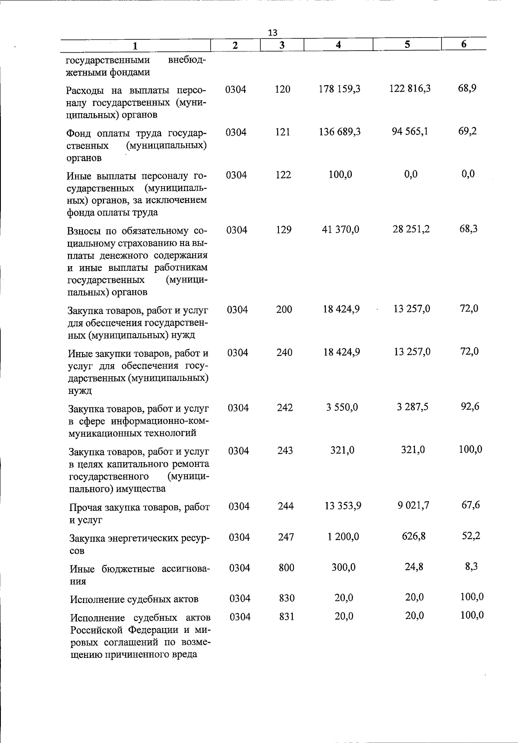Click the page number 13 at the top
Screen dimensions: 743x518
(x=272, y=33)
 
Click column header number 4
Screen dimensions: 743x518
(x=338, y=44)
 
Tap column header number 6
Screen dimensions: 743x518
(x=464, y=44)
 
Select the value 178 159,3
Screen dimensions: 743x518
(x=339, y=89)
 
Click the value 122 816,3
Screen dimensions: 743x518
(x=410, y=89)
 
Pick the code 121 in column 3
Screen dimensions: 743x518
(x=283, y=132)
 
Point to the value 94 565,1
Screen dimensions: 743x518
(x=410, y=131)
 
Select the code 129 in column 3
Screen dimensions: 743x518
(x=284, y=230)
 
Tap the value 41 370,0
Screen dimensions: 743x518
(x=341, y=229)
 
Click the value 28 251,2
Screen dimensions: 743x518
(x=411, y=229)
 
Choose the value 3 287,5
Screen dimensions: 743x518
(x=412, y=407)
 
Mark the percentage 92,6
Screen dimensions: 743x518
(x=470, y=406)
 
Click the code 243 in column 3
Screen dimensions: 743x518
(x=285, y=451)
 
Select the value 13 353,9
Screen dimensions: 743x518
(x=343, y=506)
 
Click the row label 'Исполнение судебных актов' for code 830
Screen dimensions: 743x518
(x=134, y=599)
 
